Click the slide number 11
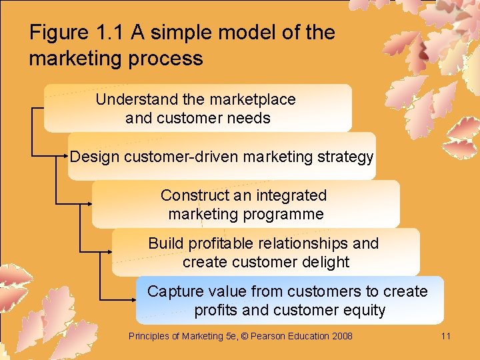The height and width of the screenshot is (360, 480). coord(446,336)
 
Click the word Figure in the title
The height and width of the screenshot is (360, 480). coord(59,33)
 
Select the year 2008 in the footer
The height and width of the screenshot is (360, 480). coord(341,336)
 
